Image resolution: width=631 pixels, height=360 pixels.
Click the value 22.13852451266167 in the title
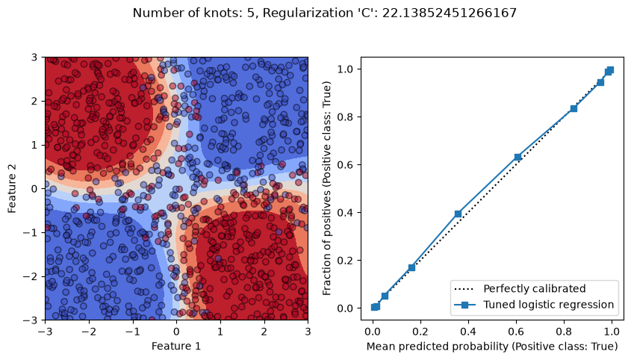(449, 13)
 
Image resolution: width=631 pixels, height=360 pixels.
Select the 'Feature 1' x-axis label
(176, 346)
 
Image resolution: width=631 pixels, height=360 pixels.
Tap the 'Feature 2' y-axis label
(12, 188)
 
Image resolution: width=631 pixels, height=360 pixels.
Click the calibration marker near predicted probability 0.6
(517, 157)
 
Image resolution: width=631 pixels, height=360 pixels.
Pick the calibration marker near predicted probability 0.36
(458, 214)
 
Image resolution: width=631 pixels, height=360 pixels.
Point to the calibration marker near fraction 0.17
(411, 267)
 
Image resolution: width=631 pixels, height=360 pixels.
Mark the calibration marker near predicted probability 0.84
(574, 108)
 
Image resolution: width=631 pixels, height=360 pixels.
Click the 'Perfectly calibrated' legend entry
(520, 289)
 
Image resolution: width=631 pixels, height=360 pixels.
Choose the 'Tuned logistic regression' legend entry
(534, 305)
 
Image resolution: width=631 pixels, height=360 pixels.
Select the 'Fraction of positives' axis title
(327, 188)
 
